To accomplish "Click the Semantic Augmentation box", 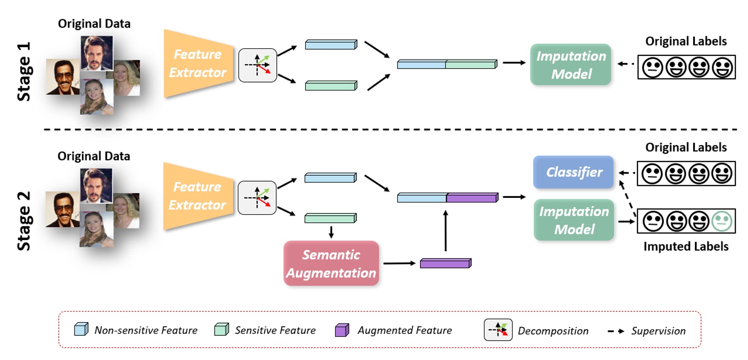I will (331, 263).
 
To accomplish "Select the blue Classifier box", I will (573, 172).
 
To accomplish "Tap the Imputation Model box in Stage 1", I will (570, 65).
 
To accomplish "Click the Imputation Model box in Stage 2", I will (574, 220).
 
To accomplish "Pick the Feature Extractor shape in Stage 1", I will (198, 64).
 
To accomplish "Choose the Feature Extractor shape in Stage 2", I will (198, 196).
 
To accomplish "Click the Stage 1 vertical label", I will (24, 71).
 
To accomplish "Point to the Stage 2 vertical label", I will (24, 221).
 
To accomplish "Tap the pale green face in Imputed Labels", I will (722, 221).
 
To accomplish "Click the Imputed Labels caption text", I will (685, 246).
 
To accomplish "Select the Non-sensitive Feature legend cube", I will (81, 329).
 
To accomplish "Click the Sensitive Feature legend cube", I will (221, 329).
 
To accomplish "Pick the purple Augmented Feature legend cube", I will (342, 330).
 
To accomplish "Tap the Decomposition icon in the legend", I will (498, 330).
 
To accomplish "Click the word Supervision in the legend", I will (658, 331).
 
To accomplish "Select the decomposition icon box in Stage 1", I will (257, 65).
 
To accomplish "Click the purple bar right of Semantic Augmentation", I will (445, 263).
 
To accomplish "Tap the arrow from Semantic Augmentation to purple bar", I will (399, 263).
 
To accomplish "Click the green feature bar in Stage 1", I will (330, 86).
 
